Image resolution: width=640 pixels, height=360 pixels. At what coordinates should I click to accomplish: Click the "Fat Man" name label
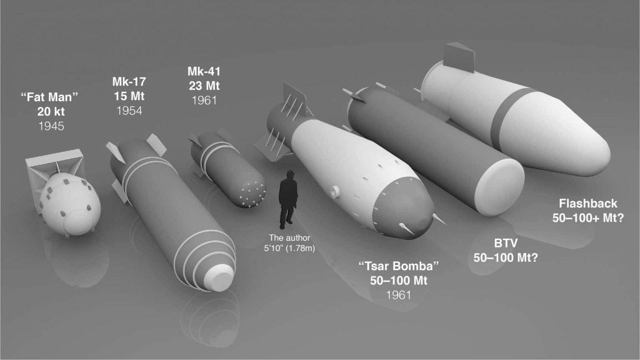49,97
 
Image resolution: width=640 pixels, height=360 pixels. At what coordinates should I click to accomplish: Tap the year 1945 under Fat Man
51,126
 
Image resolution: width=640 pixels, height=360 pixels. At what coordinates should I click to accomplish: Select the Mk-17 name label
129,82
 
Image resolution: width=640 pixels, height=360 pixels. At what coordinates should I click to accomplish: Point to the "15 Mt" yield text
129,96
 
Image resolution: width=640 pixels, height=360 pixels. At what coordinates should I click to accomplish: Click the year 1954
129,111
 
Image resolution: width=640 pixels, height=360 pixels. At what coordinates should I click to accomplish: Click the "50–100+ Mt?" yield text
588,218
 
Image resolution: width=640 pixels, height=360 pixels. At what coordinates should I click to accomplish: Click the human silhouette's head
288,176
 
